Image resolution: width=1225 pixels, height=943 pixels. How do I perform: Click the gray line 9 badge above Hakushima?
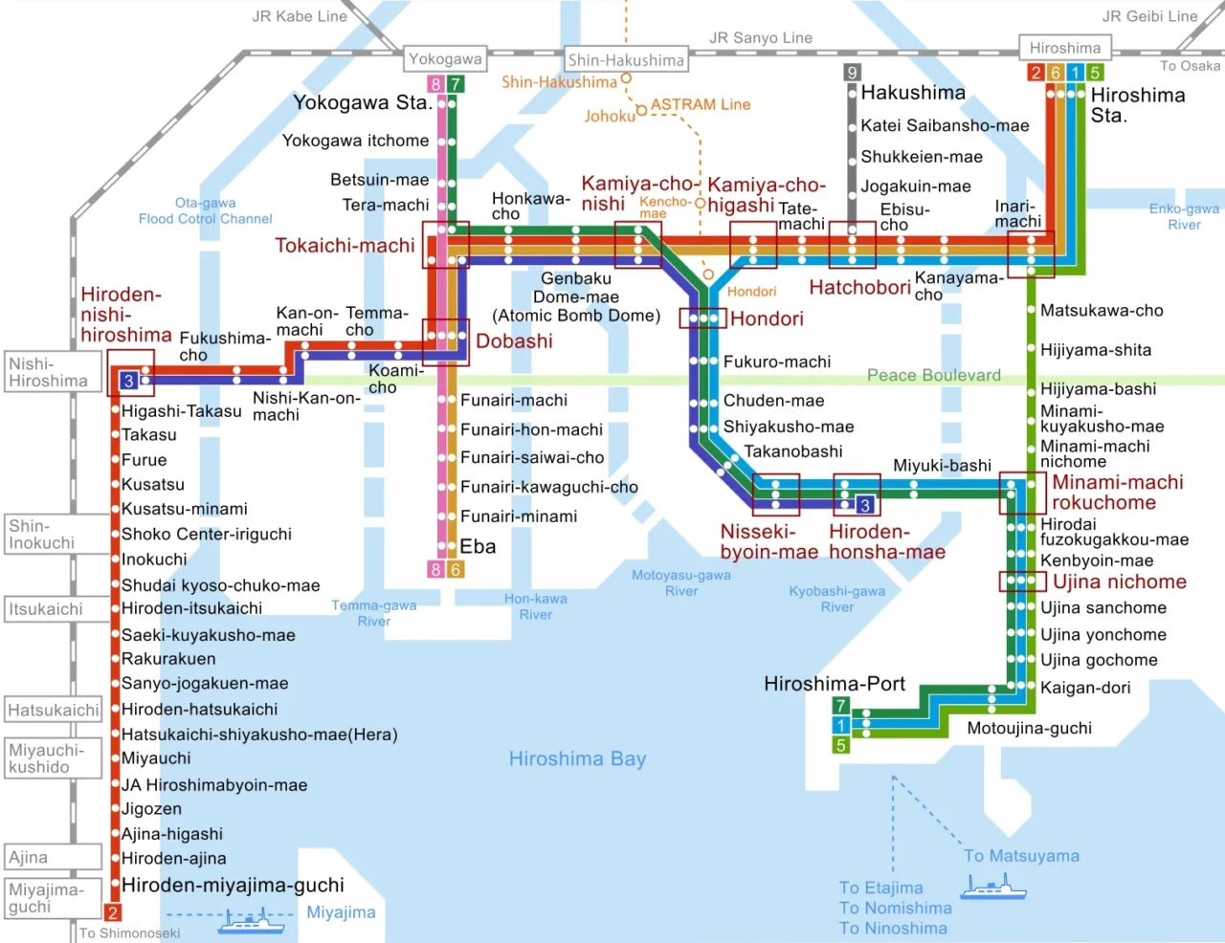click(852, 72)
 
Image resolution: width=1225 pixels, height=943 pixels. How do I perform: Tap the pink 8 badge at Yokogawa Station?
click(435, 84)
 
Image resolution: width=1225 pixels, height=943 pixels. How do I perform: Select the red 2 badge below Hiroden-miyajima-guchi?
click(112, 912)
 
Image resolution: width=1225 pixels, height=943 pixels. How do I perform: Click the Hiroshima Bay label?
click(577, 758)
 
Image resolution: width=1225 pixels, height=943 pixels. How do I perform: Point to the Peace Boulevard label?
click(933, 375)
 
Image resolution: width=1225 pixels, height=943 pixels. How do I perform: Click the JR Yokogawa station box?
click(445, 58)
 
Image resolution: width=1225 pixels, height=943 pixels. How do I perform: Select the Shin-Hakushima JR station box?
click(626, 59)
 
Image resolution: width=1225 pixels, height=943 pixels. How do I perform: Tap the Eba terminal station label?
click(478, 546)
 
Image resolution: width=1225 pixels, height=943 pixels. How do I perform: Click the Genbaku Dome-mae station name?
click(576, 296)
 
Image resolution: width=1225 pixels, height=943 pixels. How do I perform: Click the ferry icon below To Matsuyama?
click(993, 887)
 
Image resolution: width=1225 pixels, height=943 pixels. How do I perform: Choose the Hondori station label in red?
click(767, 318)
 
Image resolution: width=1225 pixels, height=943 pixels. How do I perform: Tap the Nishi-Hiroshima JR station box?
click(53, 372)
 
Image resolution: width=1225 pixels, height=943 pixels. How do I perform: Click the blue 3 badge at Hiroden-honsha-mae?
click(865, 505)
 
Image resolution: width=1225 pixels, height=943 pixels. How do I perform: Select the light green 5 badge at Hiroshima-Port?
click(840, 745)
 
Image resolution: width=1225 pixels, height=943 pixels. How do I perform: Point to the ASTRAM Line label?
click(701, 104)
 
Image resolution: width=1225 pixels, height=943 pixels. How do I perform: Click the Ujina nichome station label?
click(1119, 581)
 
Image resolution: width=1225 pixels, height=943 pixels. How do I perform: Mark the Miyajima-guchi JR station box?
click(53, 898)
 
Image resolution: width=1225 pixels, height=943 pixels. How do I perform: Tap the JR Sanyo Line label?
click(761, 37)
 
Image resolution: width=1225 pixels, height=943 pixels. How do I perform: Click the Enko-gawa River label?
click(1184, 216)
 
